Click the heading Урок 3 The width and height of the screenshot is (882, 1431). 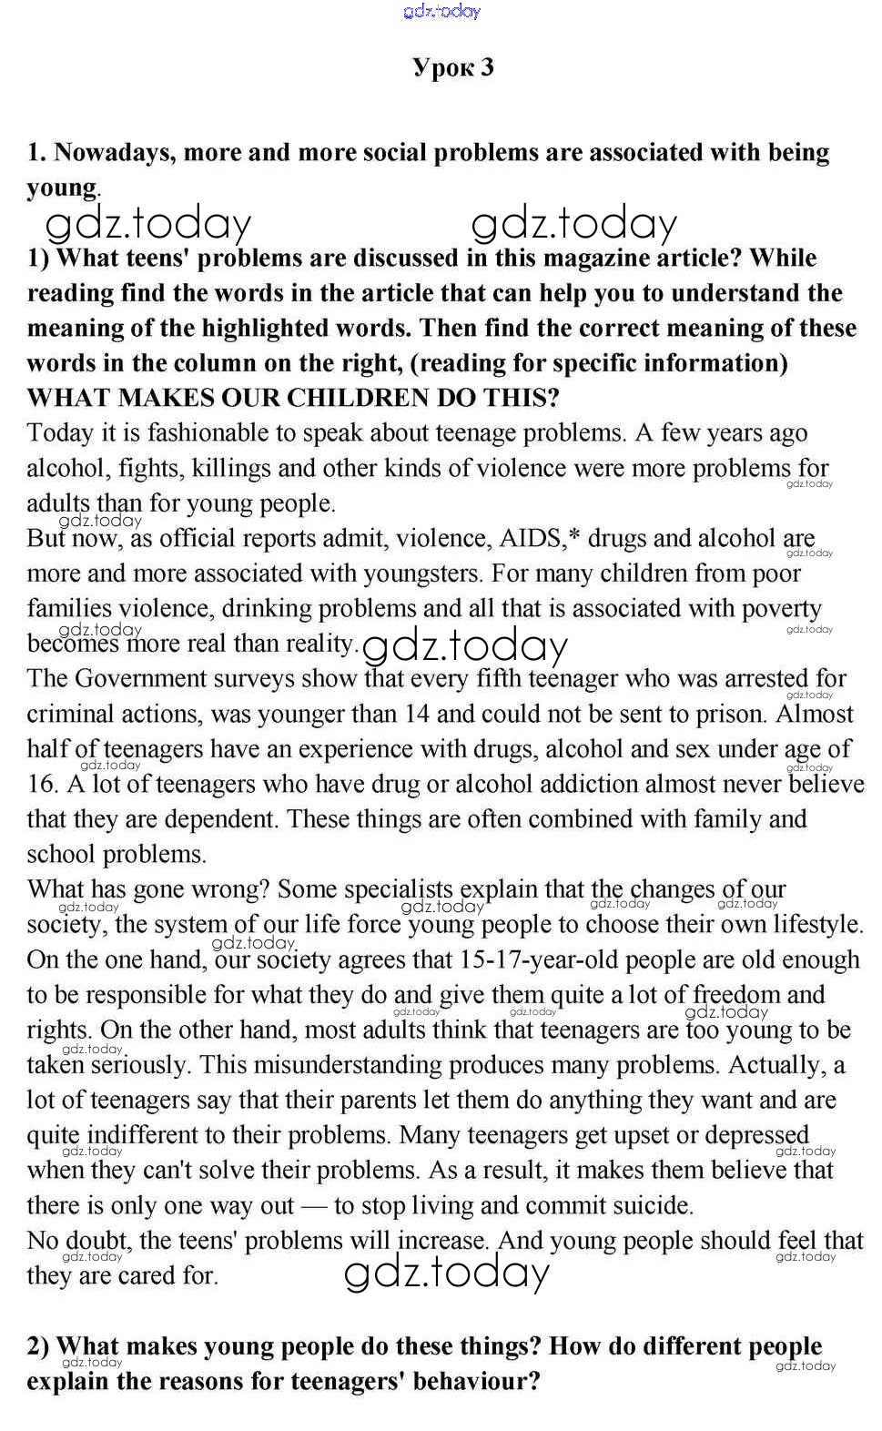click(x=452, y=67)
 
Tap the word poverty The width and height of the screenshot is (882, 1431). click(x=776, y=609)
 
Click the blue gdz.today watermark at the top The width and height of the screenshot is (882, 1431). click(x=441, y=11)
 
